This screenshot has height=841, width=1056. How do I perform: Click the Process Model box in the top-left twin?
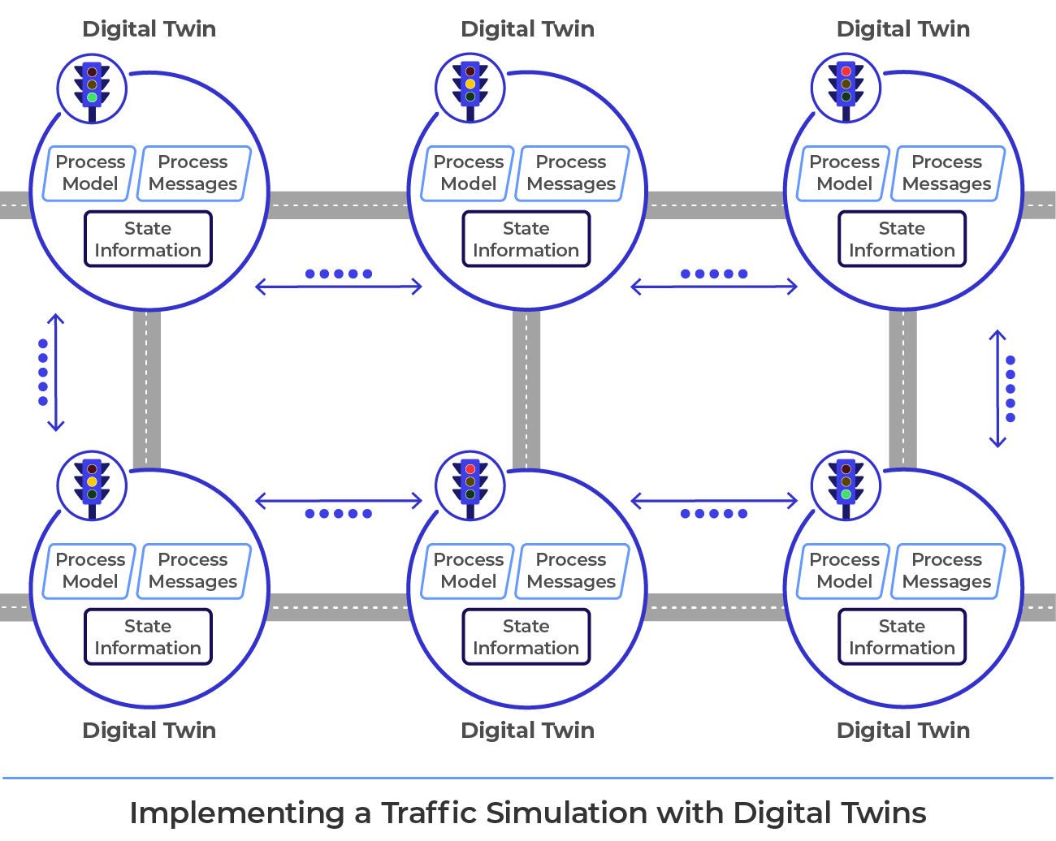click(90, 173)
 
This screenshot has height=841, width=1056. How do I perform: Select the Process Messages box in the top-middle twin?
click(571, 173)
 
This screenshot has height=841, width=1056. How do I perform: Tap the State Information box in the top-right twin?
click(902, 239)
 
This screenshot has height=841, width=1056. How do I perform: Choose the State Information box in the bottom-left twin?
click(148, 637)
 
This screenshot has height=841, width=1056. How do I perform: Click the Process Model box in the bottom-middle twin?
click(469, 571)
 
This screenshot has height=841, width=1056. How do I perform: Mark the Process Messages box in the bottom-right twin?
click(947, 571)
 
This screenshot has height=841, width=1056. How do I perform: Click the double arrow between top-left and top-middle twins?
click(339, 287)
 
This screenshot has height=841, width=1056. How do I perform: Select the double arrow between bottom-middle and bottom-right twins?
click(715, 502)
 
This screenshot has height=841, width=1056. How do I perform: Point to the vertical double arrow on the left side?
click(55, 372)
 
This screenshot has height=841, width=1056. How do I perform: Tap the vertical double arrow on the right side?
click(998, 388)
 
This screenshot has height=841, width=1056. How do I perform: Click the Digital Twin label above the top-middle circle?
click(527, 29)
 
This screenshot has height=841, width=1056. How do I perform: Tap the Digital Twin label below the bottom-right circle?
click(902, 730)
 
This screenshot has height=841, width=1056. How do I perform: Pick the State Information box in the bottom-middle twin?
click(526, 637)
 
